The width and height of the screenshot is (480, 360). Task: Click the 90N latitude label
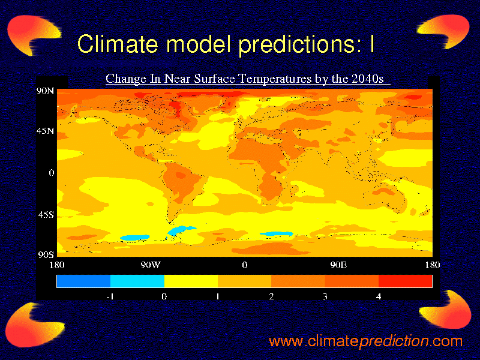(46, 91)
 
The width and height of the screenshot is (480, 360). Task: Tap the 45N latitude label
(46, 131)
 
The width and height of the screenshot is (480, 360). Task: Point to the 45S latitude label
(46, 214)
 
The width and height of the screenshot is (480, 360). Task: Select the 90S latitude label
(46, 254)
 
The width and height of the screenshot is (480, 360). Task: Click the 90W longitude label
(150, 265)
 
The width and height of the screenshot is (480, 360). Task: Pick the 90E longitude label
(338, 265)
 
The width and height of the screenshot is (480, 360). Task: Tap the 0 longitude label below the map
(244, 265)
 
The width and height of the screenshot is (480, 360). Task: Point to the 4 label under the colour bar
(379, 296)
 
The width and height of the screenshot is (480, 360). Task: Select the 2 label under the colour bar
(271, 296)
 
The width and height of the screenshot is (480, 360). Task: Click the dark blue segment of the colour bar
(83, 281)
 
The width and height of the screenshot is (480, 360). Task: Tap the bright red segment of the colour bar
(405, 281)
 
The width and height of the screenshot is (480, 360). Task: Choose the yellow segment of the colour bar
(191, 281)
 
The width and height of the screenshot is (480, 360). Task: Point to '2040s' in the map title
(369, 79)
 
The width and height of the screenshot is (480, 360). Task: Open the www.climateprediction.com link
(365, 341)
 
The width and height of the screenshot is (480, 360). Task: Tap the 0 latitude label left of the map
(52, 173)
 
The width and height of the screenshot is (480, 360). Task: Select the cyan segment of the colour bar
(137, 281)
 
